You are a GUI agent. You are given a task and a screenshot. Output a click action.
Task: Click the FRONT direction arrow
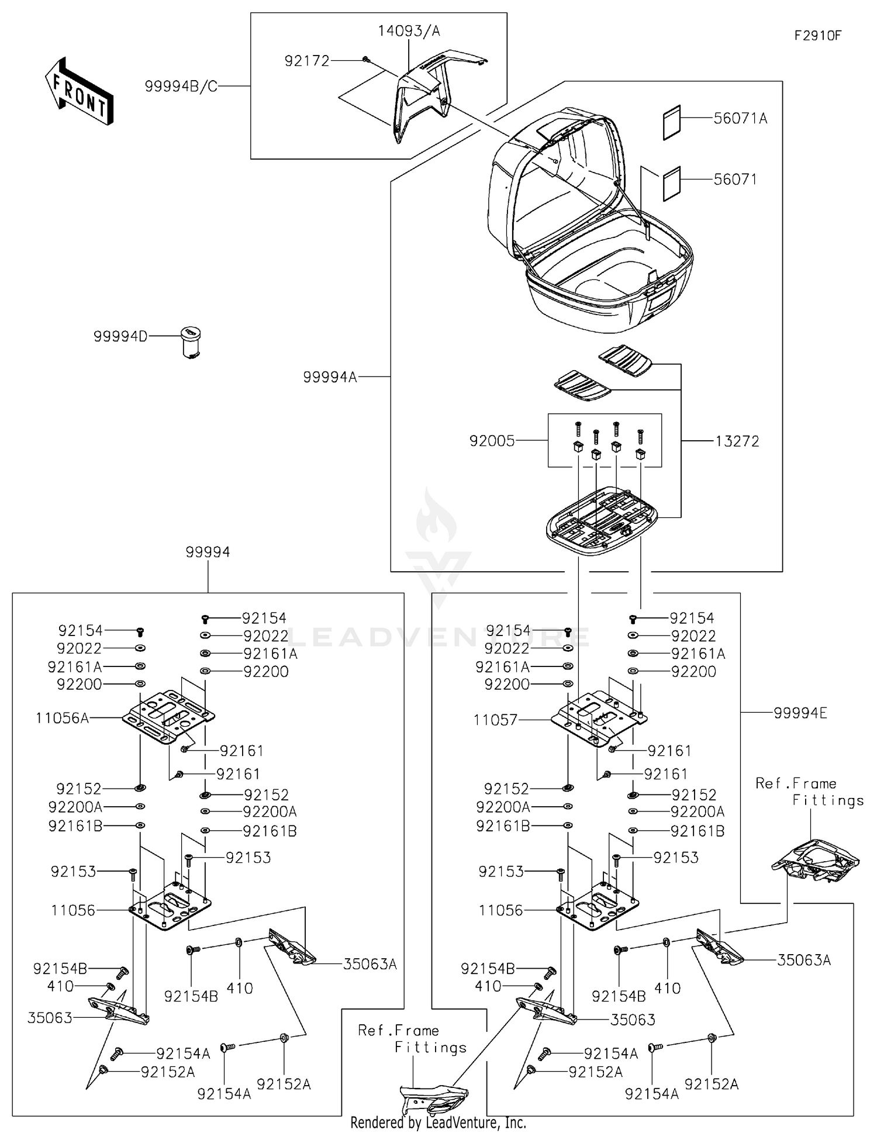point(79,92)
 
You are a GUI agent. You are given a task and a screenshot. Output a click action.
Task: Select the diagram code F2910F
point(817,36)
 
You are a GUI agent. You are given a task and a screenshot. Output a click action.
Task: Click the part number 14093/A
point(409,31)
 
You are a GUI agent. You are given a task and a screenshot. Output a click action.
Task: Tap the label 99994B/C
point(181,87)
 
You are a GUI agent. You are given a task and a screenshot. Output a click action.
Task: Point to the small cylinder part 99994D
point(190,341)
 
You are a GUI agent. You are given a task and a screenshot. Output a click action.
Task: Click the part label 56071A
point(740,119)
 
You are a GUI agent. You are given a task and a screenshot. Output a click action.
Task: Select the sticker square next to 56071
point(672,184)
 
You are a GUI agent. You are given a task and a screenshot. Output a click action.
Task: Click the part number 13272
point(737,441)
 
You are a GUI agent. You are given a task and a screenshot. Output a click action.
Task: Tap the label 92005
point(492,441)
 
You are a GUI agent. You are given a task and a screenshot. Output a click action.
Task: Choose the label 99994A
point(330,377)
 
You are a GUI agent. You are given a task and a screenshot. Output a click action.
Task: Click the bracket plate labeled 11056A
point(168,716)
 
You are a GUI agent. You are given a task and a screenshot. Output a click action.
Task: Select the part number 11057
point(495,720)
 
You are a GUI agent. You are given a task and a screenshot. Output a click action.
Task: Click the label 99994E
point(800,713)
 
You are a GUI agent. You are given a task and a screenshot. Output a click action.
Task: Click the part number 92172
point(307,61)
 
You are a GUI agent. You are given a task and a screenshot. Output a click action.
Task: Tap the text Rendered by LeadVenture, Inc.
point(438,1122)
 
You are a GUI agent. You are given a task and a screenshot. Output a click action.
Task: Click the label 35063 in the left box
point(50,1018)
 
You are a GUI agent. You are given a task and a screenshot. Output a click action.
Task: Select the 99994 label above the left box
point(208,552)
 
